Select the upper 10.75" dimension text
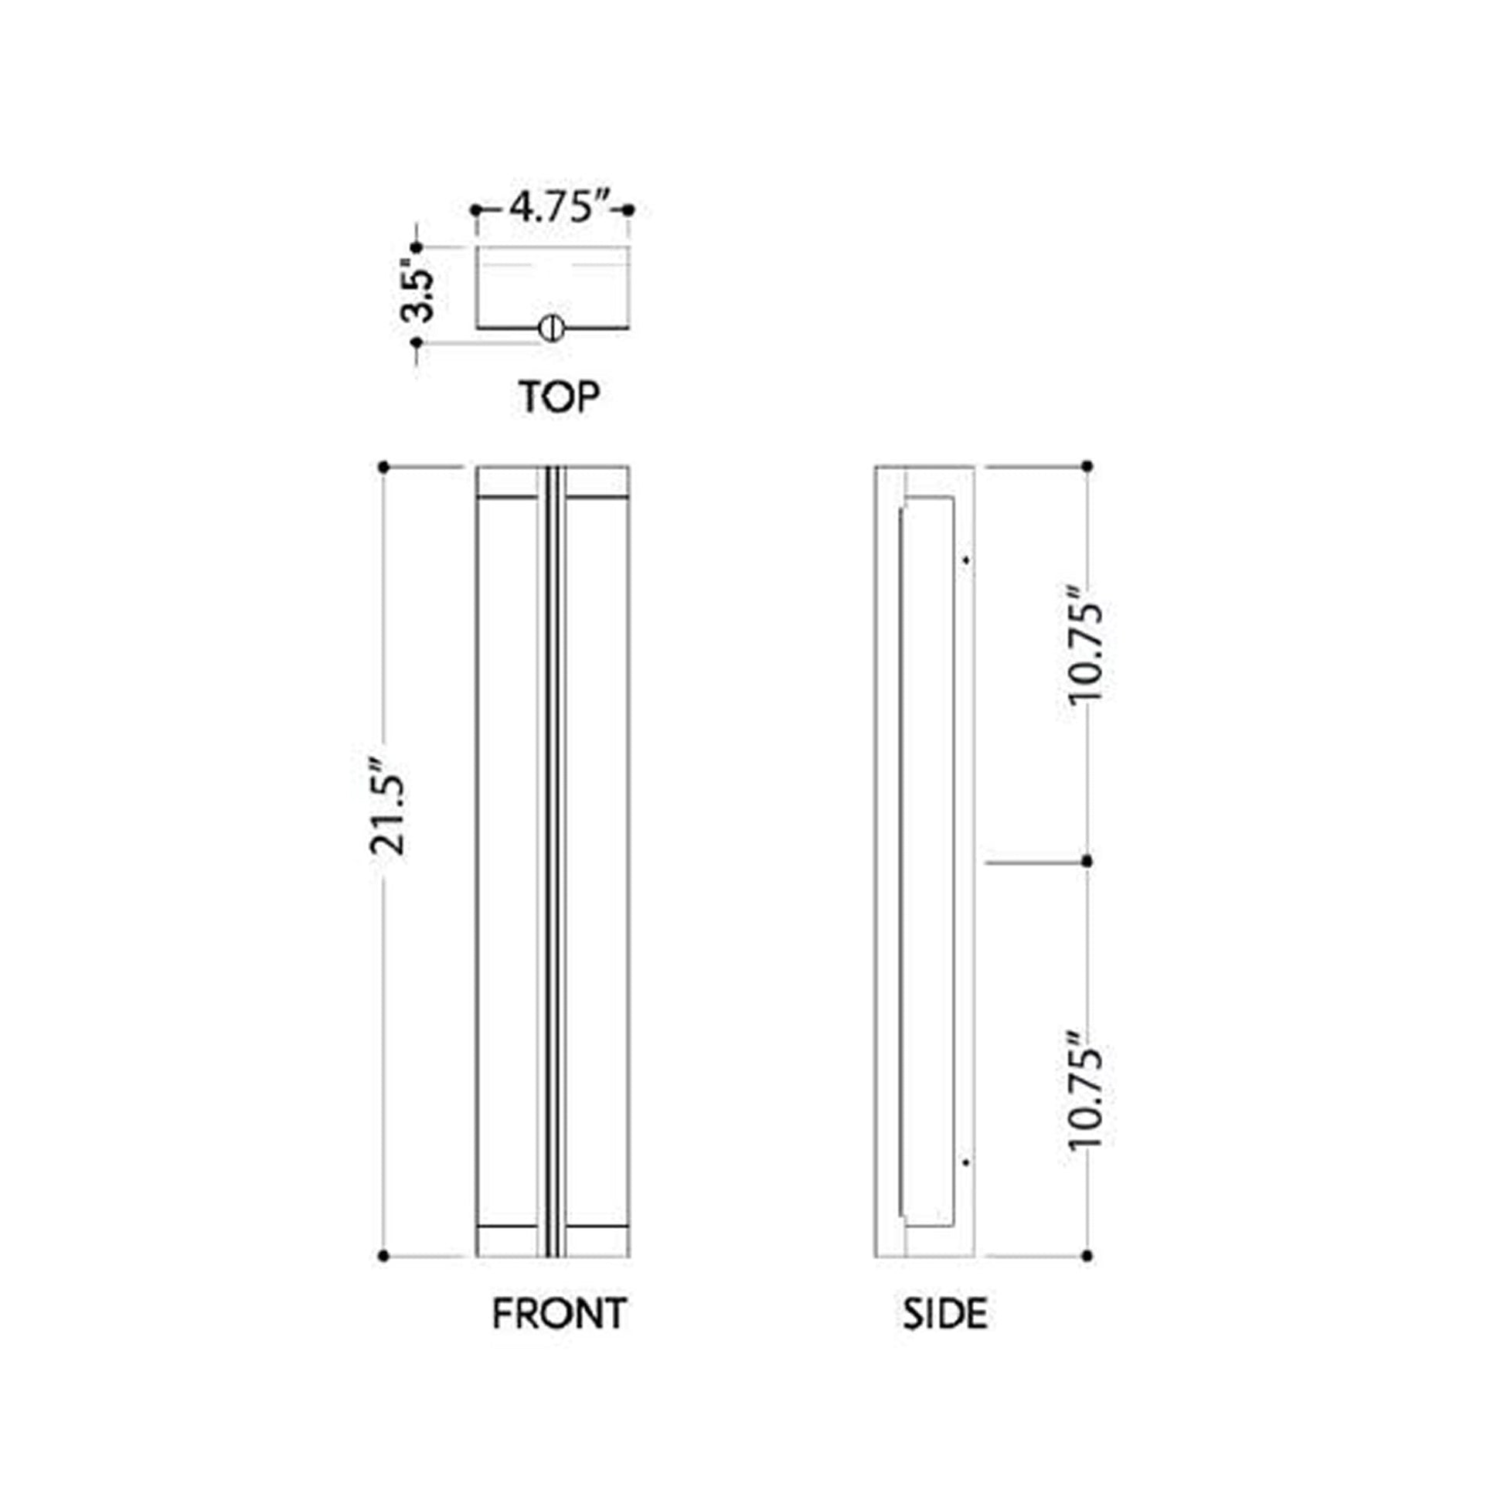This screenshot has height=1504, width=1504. [x=1086, y=654]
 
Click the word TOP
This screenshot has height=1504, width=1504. [x=559, y=397]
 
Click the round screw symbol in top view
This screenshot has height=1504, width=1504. [x=551, y=328]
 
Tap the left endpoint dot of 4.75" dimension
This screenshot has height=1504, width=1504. [x=475, y=209]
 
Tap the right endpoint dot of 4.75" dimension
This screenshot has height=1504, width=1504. [x=629, y=209]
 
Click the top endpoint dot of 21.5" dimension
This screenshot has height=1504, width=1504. [x=383, y=467]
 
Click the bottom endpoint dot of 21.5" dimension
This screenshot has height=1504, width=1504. [x=383, y=1256]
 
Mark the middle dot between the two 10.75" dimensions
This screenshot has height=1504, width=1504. [x=1087, y=862]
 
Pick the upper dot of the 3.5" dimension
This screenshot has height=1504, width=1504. [x=417, y=247]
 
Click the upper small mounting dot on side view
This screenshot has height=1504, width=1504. [x=965, y=560]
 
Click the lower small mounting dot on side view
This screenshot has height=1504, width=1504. [x=965, y=1162]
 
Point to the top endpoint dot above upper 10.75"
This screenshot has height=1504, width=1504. [x=1087, y=466]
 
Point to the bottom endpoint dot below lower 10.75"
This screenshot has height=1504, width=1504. [x=1087, y=1256]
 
